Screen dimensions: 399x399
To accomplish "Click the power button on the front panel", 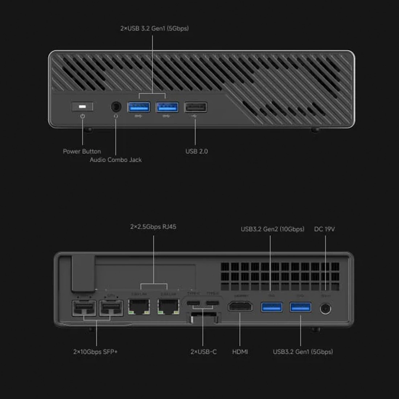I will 82,107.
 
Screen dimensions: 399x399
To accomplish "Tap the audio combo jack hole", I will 116,107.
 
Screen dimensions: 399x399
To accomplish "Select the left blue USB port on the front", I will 139,107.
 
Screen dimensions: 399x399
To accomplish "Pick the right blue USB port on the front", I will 167,107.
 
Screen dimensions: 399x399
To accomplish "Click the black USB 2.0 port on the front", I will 196,107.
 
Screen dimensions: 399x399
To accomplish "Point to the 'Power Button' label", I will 82,151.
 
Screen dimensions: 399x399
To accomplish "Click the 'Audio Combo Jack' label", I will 116,160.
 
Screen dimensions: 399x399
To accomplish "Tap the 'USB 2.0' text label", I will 197,151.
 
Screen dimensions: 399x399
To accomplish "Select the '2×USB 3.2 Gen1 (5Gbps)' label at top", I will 155,28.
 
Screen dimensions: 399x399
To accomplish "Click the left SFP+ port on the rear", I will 84,308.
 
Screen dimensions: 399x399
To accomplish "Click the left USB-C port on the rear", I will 193,303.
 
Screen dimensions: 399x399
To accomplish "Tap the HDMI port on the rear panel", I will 240,307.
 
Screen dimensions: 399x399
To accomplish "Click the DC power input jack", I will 325,309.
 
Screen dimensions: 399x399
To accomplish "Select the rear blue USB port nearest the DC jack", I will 300,307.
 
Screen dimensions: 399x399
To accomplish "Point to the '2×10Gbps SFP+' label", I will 95,351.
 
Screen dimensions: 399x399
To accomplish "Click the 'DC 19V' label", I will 324,229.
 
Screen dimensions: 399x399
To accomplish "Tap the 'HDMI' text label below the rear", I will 240,351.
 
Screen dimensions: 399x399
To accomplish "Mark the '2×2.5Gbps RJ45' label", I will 153,227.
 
